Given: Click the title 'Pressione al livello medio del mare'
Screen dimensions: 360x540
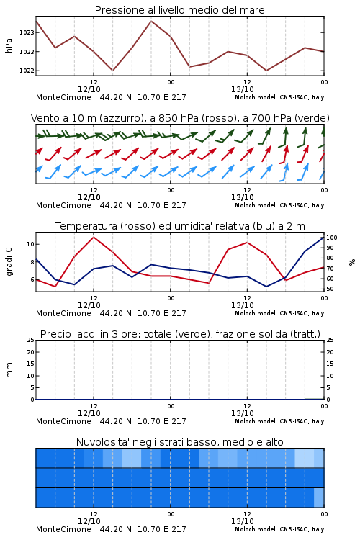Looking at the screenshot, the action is pos(179,10).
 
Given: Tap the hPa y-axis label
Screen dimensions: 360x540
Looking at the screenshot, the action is pos(9,45).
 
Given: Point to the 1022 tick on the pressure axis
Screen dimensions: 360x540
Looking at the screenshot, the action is pos(27,71).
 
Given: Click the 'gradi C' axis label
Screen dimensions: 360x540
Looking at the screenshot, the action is pos(9,262).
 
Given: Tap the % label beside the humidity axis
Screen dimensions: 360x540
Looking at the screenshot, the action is pos(352,262).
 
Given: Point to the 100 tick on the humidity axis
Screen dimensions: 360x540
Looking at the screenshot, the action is pos(332,238).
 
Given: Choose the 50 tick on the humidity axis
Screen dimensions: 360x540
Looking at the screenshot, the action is pos(330,289).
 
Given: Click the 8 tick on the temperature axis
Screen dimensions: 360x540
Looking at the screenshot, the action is pos(32,262).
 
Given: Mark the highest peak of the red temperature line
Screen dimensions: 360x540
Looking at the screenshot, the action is pos(94,237).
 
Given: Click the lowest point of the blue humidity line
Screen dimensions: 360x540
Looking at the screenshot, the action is pos(266,287).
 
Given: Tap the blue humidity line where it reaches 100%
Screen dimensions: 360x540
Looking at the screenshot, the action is pos(323,238).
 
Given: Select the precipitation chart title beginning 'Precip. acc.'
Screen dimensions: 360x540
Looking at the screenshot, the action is pos(180,334).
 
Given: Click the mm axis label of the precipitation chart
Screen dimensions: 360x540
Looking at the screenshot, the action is pos(9,370).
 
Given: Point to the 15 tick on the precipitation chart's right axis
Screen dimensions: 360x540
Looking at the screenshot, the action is pos(330,364).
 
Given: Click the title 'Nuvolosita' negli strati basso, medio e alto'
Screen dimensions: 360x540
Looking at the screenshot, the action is pos(179,442).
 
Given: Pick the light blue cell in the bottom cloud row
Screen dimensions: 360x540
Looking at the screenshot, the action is pos(319,498).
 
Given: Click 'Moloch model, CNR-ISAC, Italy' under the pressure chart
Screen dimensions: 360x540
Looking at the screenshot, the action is pos(279,97).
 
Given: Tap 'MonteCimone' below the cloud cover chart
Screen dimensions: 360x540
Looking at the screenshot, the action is pos(63,529).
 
